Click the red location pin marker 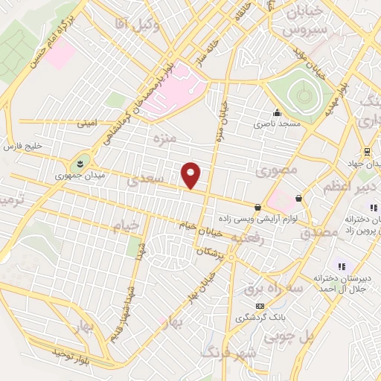coord(191,176)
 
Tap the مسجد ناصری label coord(279,124)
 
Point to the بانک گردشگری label coord(260,318)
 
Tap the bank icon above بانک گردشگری coord(259,306)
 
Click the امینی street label coord(87,124)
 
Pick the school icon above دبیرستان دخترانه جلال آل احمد coord(342,266)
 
